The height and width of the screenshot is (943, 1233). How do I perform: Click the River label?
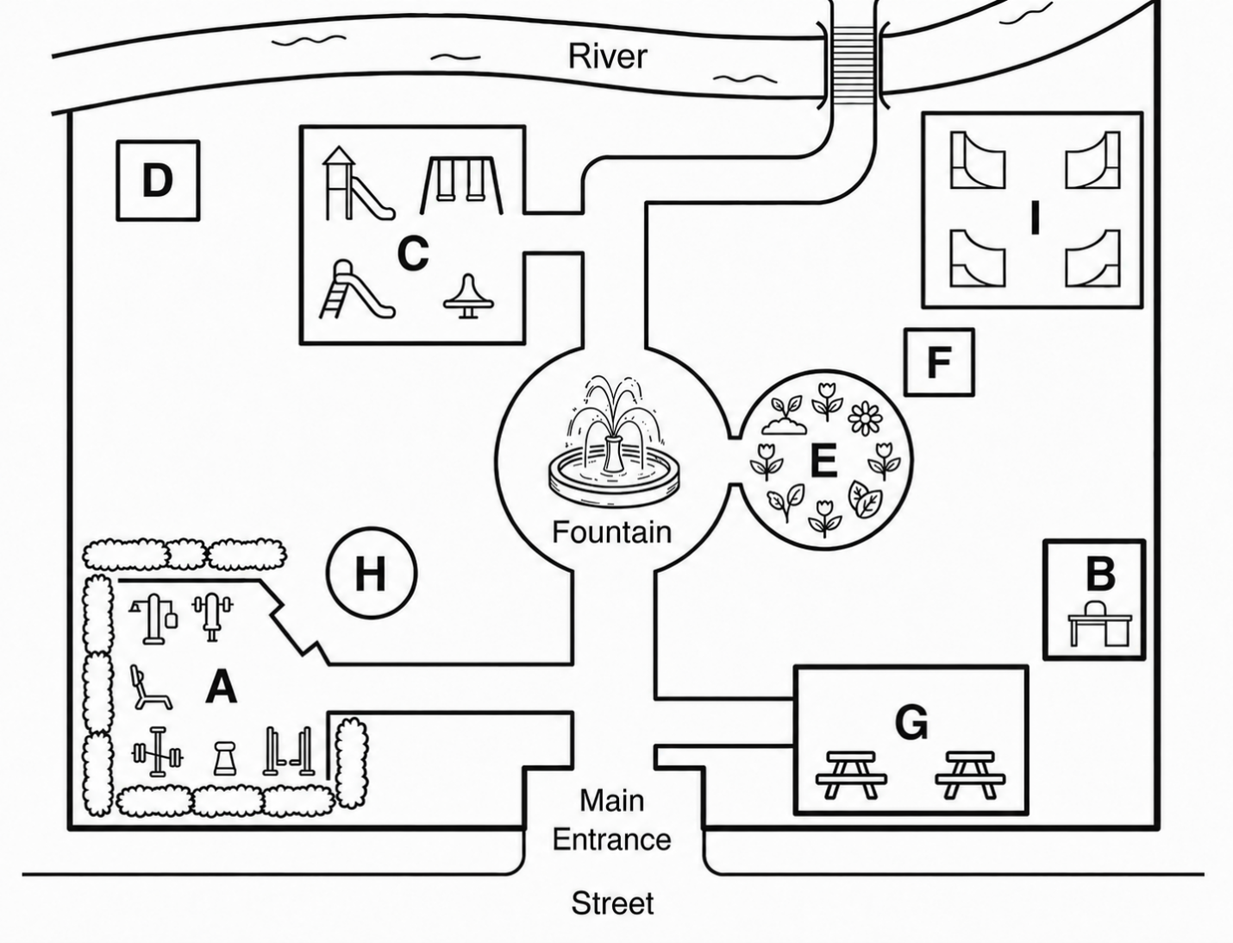pyautogui.click(x=607, y=57)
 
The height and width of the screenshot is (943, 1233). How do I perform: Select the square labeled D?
pyautogui.click(x=158, y=180)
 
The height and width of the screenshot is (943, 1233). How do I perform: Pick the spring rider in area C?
pyautogui.click(x=469, y=296)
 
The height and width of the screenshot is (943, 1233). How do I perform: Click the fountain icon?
pyautogui.click(x=614, y=441)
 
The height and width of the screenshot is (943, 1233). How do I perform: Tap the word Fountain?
pyautogui.click(x=611, y=531)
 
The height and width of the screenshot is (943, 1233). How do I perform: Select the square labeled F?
pyautogui.click(x=939, y=362)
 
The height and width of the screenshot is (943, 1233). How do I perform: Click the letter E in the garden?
pyautogui.click(x=824, y=461)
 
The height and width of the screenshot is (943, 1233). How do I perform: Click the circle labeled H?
pyautogui.click(x=372, y=573)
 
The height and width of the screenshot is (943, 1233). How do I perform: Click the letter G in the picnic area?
pyautogui.click(x=911, y=723)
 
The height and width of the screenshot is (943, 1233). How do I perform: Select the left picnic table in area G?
pyautogui.click(x=852, y=775)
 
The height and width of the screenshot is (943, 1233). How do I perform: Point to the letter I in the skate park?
pyautogui.click(x=1036, y=218)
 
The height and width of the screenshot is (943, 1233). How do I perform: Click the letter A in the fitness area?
pyautogui.click(x=222, y=686)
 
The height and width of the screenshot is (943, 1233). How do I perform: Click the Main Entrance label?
pyautogui.click(x=611, y=820)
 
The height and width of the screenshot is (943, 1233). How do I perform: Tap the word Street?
pyautogui.click(x=612, y=903)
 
